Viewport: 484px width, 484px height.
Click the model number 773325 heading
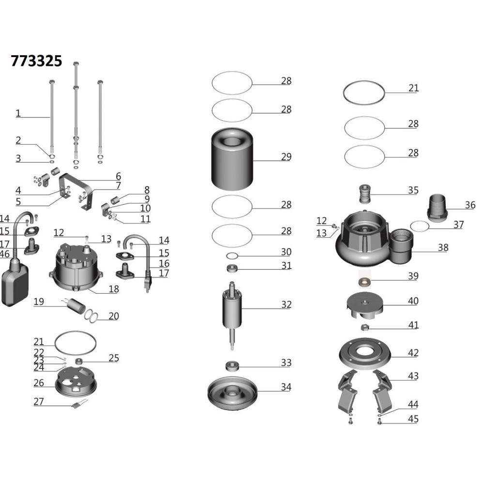click(36, 61)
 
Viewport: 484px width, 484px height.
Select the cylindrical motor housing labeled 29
click(232, 159)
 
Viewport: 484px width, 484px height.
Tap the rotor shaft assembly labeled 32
click(232, 316)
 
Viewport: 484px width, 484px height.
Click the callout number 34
click(286, 387)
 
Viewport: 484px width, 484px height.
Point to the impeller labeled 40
click(365, 306)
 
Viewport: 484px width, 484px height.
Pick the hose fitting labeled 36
click(438, 208)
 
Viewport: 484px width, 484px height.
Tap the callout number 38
click(443, 247)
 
